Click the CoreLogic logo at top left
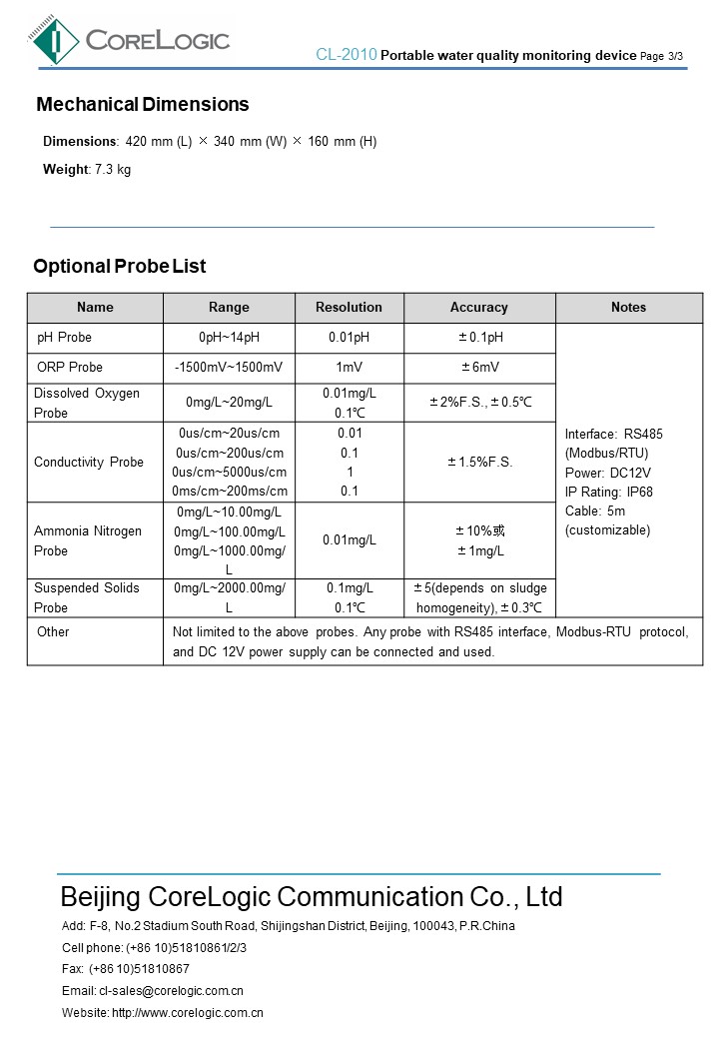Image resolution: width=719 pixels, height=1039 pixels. pyautogui.click(x=130, y=40)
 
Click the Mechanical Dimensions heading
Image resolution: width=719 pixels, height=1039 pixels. pyautogui.click(x=143, y=105)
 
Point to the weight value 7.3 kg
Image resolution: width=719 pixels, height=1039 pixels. pyautogui.click(x=113, y=169)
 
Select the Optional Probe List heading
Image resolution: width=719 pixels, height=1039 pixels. pyautogui.click(x=120, y=266)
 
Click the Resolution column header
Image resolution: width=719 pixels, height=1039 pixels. pyautogui.click(x=349, y=307)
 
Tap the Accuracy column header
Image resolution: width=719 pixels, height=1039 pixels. pyautogui.click(x=479, y=307)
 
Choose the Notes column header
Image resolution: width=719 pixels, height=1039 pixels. pyautogui.click(x=628, y=307)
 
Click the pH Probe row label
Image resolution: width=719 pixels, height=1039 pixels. pyautogui.click(x=65, y=338)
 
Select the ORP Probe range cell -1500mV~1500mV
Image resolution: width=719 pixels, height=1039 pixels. pyautogui.click(x=229, y=368)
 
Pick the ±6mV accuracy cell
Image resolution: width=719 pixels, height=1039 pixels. pyautogui.click(x=480, y=368)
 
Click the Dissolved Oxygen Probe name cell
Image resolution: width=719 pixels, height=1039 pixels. pyautogui.click(x=87, y=403)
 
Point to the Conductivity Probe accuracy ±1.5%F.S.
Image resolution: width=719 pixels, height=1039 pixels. pyautogui.click(x=480, y=462)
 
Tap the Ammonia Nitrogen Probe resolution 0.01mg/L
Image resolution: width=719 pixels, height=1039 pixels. pyautogui.click(x=349, y=540)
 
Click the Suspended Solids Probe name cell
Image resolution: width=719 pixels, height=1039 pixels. pyautogui.click(x=87, y=597)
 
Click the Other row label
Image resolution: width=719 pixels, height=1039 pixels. pyautogui.click(x=53, y=631)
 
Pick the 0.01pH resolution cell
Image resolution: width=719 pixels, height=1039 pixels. pyautogui.click(x=349, y=338)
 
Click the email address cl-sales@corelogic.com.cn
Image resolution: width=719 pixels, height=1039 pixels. pyautogui.click(x=171, y=991)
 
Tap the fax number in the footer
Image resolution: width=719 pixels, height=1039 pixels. pyautogui.click(x=139, y=969)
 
